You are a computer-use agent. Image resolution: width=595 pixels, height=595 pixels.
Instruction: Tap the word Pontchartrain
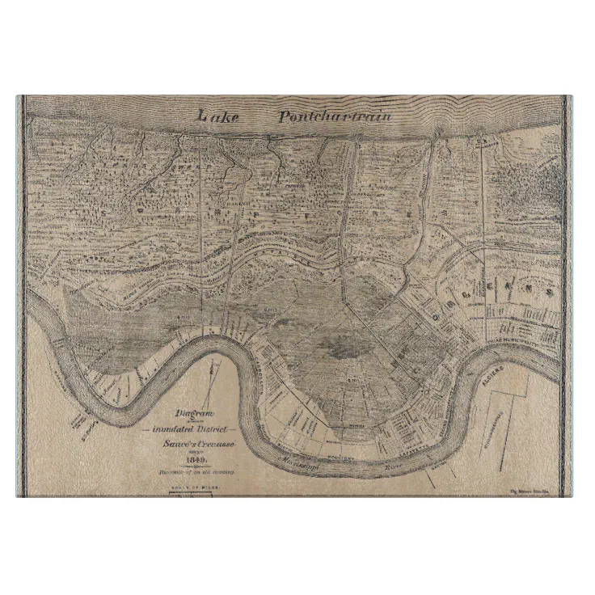[x=335, y=116]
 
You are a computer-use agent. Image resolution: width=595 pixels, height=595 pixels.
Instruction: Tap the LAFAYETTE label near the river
[x=420, y=454]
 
